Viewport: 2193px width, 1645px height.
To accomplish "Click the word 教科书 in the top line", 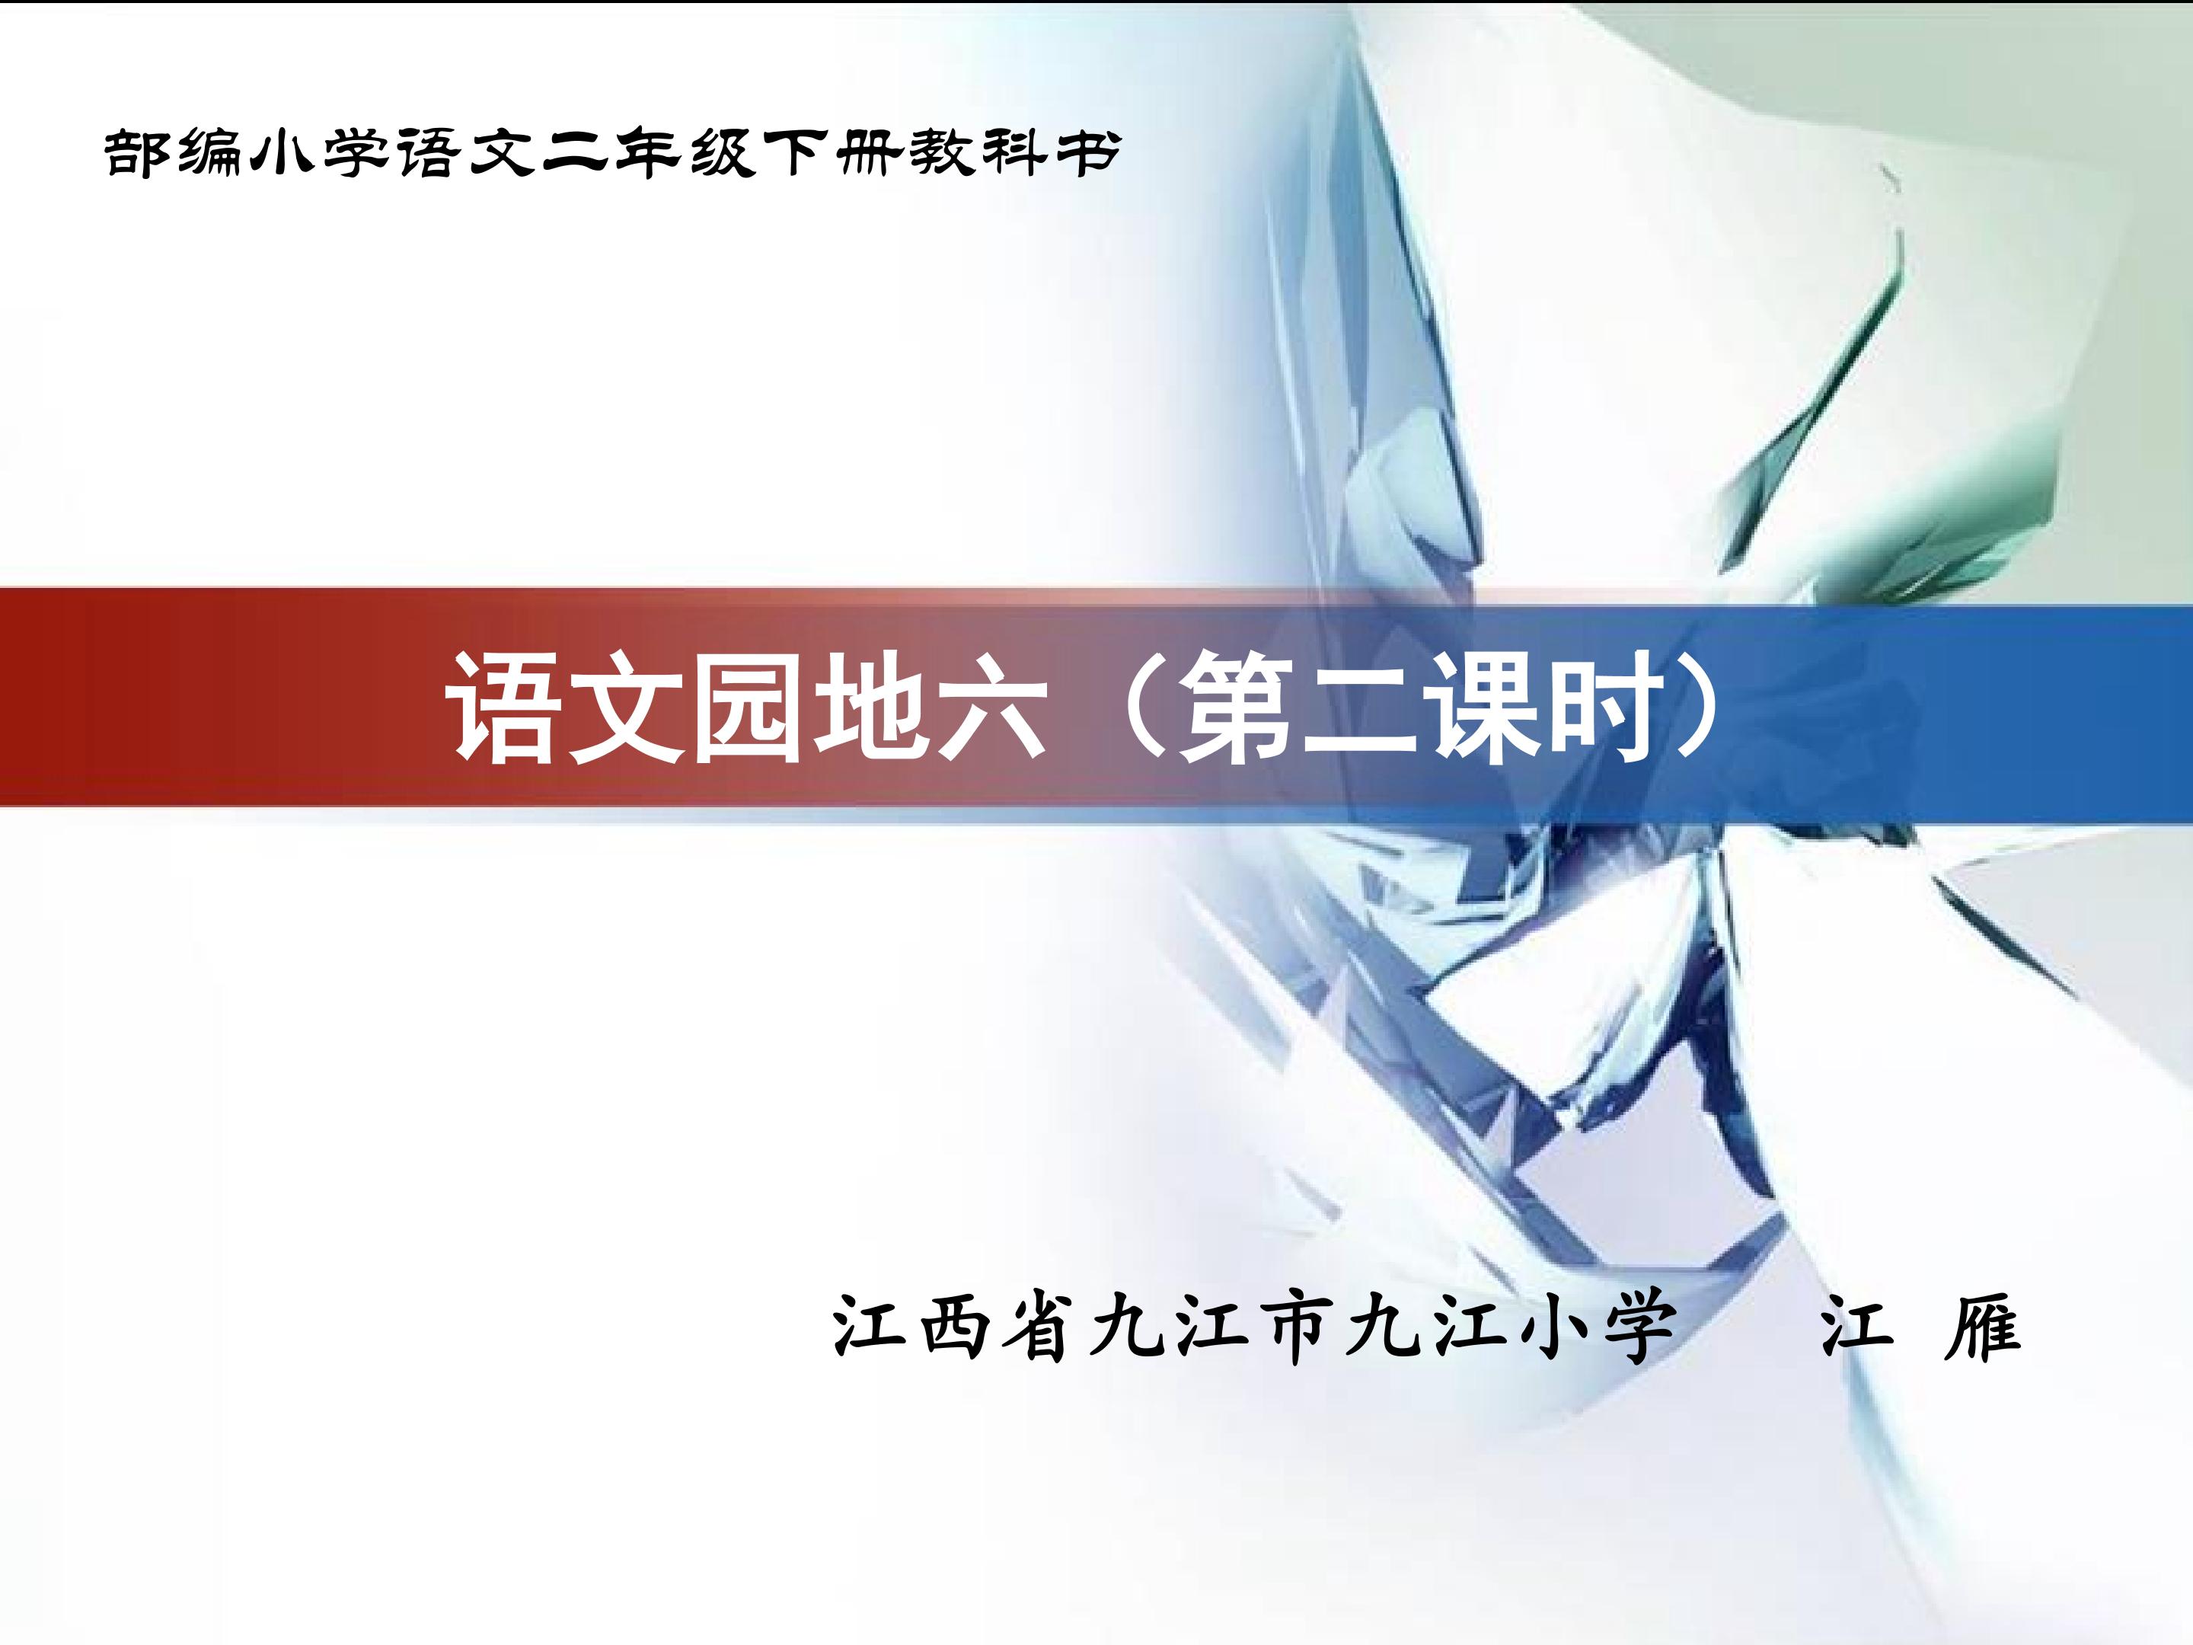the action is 1015,154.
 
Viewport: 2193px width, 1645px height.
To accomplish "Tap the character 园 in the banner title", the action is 748,708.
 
